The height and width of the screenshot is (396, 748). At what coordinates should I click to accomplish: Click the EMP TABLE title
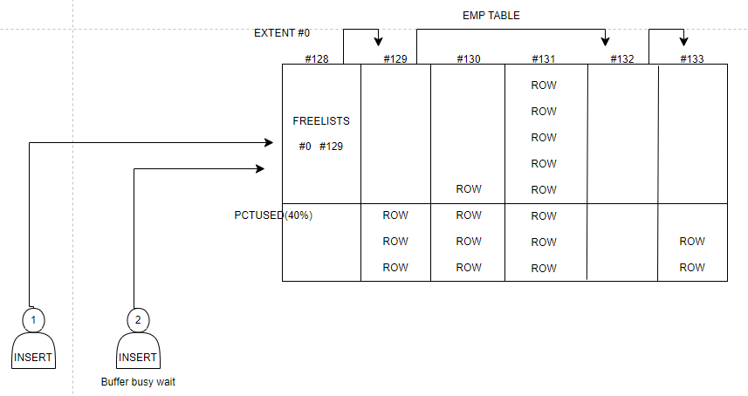tap(491, 16)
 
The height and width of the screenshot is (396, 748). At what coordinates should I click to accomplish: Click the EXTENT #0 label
tap(282, 33)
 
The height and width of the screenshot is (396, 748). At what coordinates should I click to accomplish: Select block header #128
tap(317, 58)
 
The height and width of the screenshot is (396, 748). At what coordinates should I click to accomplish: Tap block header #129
tap(396, 58)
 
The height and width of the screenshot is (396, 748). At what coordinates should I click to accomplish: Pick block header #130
tap(469, 58)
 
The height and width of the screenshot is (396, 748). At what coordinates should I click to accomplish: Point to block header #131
tap(544, 58)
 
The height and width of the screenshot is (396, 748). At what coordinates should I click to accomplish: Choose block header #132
tap(621, 58)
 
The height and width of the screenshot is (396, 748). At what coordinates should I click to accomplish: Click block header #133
tap(692, 58)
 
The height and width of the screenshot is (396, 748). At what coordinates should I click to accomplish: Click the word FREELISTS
tap(320, 121)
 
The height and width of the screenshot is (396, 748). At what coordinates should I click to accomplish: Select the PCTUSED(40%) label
tap(273, 215)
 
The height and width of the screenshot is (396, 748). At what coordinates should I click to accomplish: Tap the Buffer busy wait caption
tap(138, 382)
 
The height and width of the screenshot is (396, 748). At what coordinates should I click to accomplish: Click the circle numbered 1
tap(33, 320)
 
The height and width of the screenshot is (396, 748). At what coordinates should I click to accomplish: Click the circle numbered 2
tap(138, 320)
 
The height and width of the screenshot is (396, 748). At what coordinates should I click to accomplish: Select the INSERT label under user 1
tap(33, 358)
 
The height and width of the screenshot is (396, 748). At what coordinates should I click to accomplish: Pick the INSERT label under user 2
tap(138, 358)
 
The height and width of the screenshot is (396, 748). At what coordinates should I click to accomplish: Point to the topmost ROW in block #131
tap(544, 85)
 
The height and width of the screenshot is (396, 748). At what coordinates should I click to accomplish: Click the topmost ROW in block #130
tap(469, 189)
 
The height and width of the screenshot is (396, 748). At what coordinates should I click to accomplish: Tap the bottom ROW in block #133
tap(692, 268)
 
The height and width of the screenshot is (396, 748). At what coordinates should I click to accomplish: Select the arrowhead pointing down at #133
tap(683, 41)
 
